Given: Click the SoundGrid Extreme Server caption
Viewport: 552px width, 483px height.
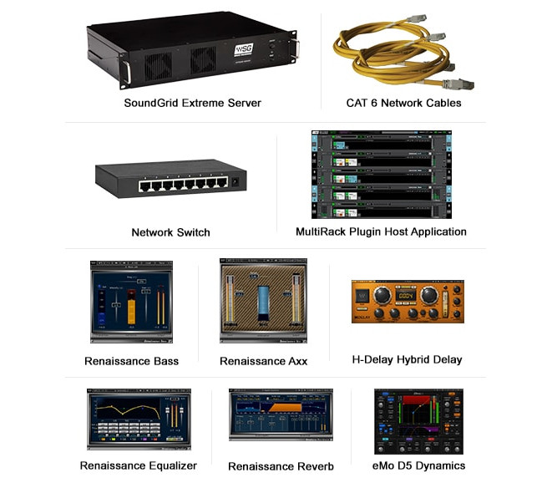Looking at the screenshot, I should (x=192, y=103).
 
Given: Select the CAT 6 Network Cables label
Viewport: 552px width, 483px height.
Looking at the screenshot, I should (x=403, y=103).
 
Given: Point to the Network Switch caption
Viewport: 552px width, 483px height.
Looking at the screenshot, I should (x=170, y=232).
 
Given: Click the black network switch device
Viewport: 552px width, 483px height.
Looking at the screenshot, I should (x=172, y=178).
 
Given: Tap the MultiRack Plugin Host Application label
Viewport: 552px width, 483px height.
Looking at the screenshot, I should (x=381, y=231).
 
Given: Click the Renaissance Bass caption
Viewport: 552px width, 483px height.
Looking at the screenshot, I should (x=131, y=361).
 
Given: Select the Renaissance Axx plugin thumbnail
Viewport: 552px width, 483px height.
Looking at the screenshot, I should (x=263, y=302).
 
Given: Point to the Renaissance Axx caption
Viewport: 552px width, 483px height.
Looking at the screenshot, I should (x=263, y=361).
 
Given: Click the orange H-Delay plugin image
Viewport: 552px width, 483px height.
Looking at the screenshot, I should (x=407, y=302).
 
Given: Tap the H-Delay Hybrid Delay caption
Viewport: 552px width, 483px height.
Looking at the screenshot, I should (x=407, y=359).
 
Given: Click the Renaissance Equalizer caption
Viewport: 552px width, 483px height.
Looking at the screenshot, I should (x=139, y=465).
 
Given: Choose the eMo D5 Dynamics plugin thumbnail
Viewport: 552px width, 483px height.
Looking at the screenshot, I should (x=418, y=419).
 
